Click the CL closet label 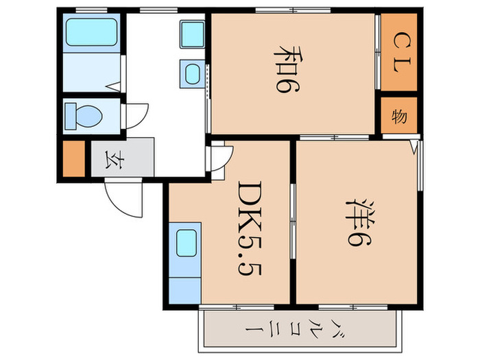click(x=398, y=51)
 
